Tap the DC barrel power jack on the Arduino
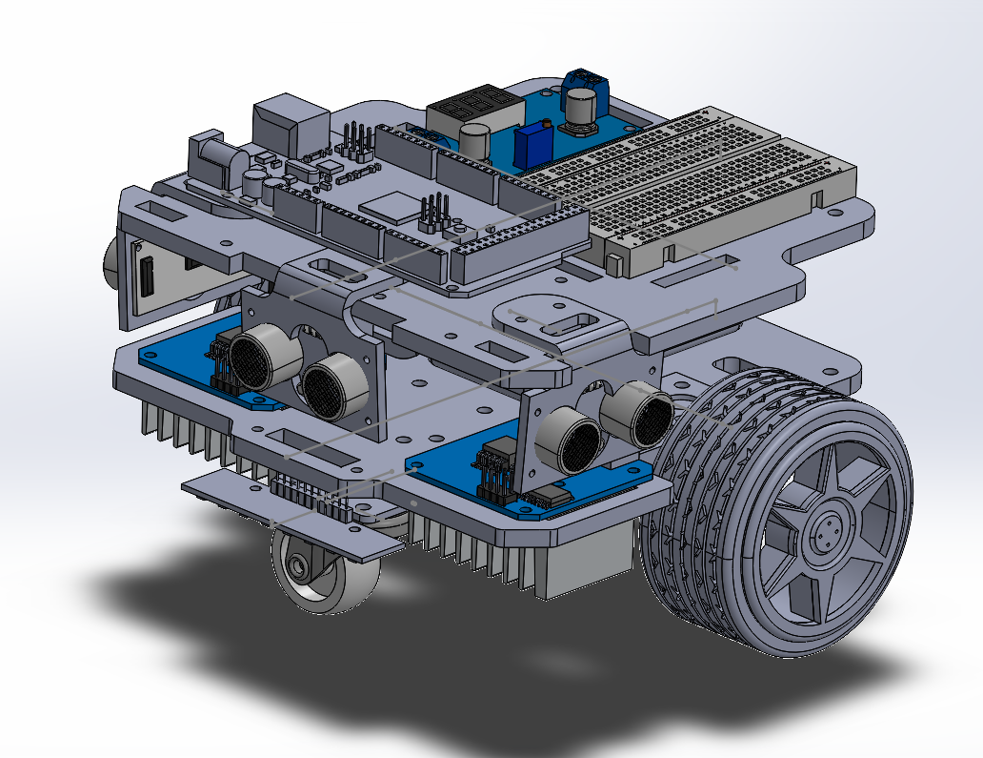(x=214, y=161)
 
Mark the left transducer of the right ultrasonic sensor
(x=570, y=440)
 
